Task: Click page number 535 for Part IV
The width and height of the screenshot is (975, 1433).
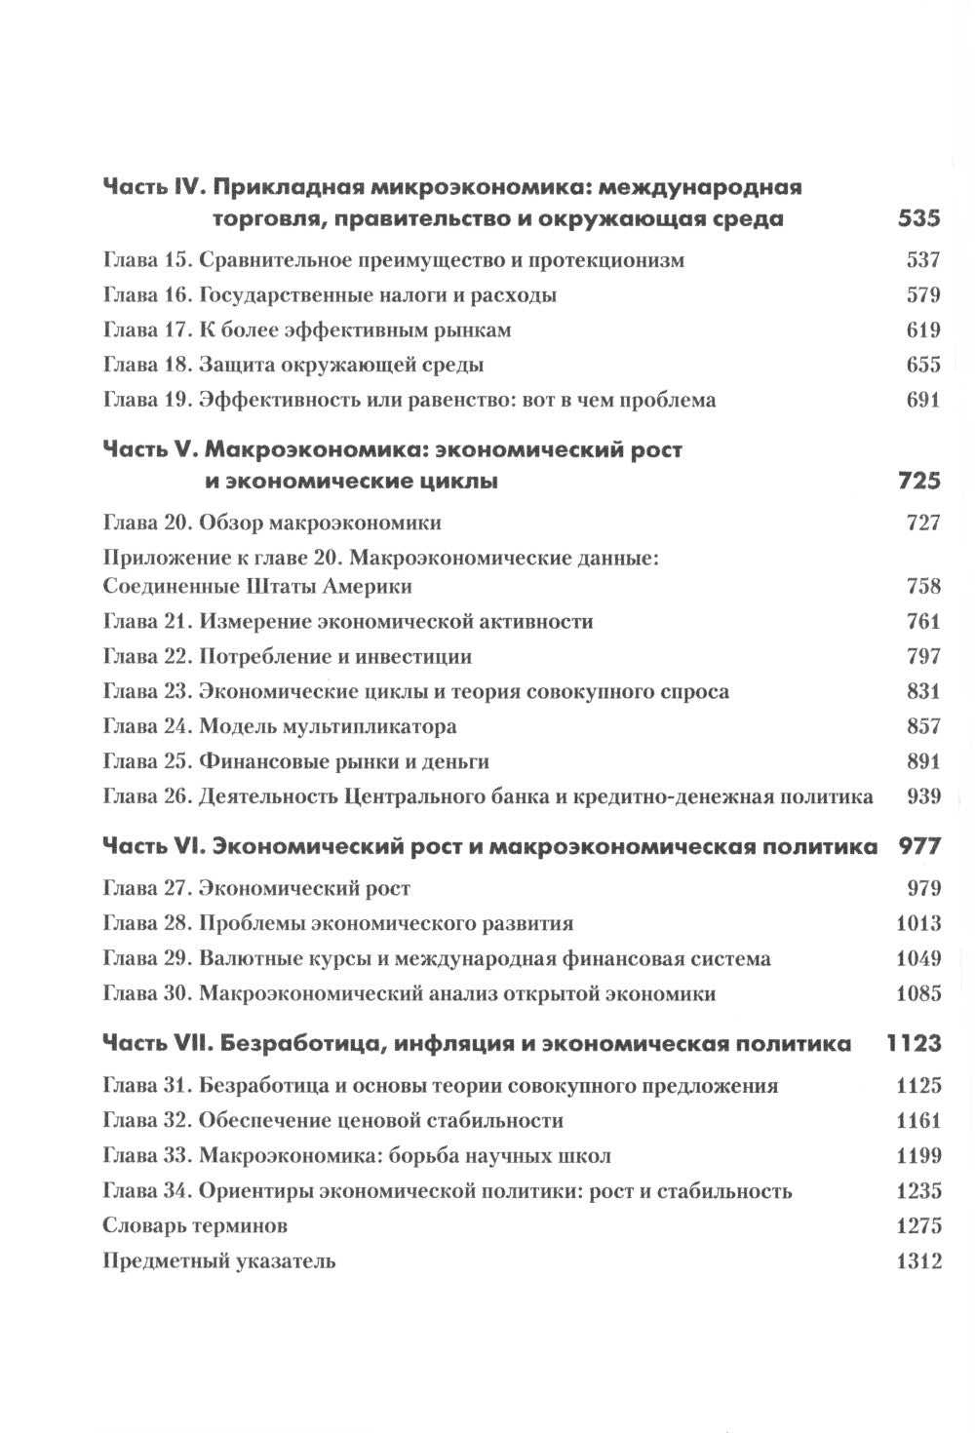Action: point(917,218)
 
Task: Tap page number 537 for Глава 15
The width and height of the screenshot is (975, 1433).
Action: point(922,260)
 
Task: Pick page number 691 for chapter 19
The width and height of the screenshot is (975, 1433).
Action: point(922,400)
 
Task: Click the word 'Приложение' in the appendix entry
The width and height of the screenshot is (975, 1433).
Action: point(159,558)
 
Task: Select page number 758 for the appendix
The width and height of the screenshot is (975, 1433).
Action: point(922,586)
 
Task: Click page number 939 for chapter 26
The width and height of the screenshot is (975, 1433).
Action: point(922,796)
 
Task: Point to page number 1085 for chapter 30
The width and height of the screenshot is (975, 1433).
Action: point(917,994)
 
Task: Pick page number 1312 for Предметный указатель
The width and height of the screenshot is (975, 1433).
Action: point(917,1261)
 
